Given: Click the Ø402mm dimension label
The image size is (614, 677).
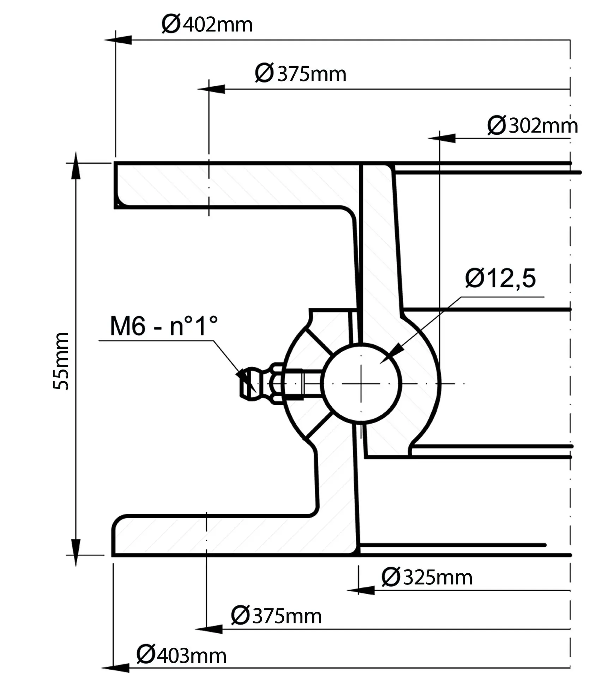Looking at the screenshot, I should (207, 25).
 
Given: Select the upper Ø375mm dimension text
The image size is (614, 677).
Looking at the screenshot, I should (301, 74).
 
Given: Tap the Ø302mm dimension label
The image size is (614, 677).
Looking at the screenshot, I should (532, 126).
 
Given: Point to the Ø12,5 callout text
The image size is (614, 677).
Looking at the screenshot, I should (500, 279).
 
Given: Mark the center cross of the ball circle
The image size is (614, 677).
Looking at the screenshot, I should (361, 383).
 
